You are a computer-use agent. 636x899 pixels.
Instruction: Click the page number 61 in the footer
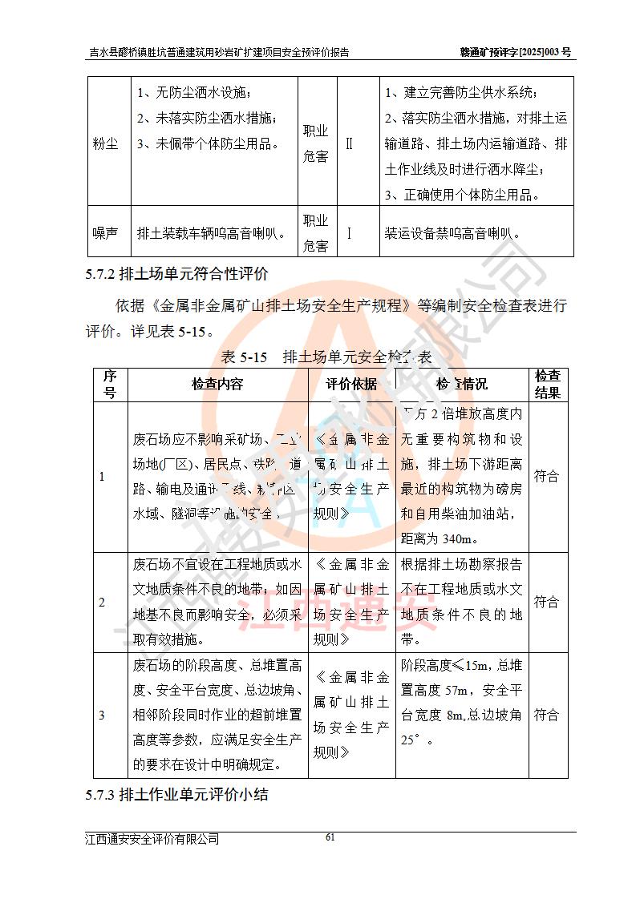tap(329, 837)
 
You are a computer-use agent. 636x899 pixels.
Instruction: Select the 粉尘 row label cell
tap(104, 144)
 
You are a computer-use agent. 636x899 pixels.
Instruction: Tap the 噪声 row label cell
tap(104, 233)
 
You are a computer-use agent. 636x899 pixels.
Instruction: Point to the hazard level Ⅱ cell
tap(349, 144)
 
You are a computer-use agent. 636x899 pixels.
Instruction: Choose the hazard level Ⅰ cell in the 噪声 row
tap(349, 233)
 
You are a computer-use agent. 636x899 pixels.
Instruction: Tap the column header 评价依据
tap(351, 384)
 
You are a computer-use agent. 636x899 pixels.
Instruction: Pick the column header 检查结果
tap(547, 384)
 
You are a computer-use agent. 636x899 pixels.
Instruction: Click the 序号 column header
tap(110, 384)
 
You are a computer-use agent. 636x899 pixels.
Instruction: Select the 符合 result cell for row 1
tap(547, 476)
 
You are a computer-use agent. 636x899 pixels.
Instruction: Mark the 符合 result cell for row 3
tap(547, 715)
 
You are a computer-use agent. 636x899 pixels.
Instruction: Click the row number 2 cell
tap(102, 603)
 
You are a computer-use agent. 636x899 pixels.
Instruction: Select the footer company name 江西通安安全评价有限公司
tap(152, 839)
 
